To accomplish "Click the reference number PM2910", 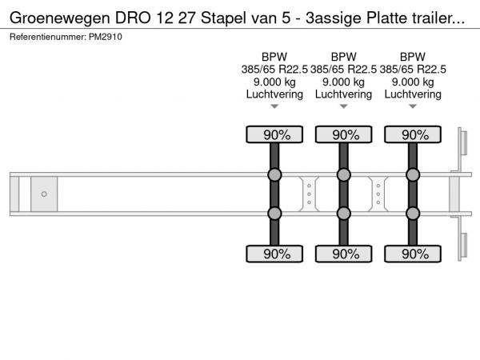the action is [x=106, y=37].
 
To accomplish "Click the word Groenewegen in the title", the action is [x=60, y=18].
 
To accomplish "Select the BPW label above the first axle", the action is [x=274, y=57].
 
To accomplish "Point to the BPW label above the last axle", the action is [x=413, y=57].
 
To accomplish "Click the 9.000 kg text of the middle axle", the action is [x=343, y=82].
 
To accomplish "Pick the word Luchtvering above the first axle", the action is [x=274, y=94].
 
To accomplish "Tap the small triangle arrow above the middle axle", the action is [x=344, y=106].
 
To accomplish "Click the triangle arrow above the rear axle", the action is [x=413, y=106].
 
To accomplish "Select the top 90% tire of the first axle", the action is [x=274, y=134].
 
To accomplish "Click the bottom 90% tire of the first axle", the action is [x=274, y=254].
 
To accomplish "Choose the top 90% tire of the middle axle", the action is [x=344, y=134].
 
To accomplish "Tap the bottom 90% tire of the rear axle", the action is [x=413, y=254].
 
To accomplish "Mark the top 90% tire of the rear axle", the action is [x=413, y=134].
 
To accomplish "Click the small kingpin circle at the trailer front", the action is [x=44, y=194].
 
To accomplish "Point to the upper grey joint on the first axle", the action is [x=274, y=174].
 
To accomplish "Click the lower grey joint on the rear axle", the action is [x=413, y=214].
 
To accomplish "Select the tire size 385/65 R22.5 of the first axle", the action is [x=274, y=70].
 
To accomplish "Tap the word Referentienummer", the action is [x=48, y=37].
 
